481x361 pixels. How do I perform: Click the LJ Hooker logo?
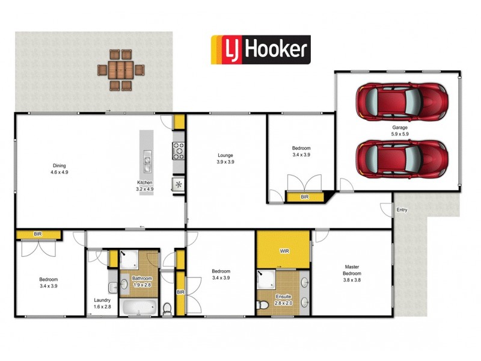tap(260, 49)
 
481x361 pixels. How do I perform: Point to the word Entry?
tap(402, 210)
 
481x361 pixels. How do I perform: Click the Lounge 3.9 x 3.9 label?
tap(225, 159)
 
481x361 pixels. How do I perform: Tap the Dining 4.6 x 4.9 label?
tap(60, 169)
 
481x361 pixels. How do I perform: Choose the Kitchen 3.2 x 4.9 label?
tap(145, 185)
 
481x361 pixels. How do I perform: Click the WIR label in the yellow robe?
tap(284, 250)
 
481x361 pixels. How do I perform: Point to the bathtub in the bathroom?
tap(139, 307)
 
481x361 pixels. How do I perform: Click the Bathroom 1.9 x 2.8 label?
tap(142, 282)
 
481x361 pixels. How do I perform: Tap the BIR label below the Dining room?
tap(37, 234)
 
